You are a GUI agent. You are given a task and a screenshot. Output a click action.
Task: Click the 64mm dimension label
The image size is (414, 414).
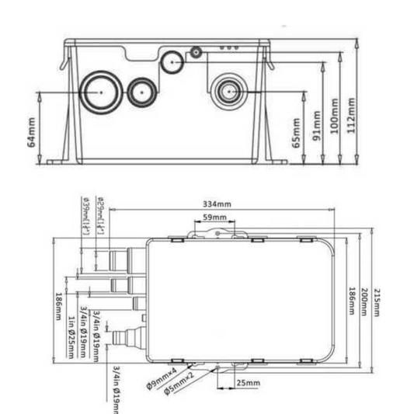(x=31, y=133)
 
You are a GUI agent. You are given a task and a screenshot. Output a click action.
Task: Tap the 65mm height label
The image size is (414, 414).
(x=295, y=134)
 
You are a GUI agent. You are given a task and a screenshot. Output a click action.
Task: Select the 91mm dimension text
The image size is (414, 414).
(x=316, y=121)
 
